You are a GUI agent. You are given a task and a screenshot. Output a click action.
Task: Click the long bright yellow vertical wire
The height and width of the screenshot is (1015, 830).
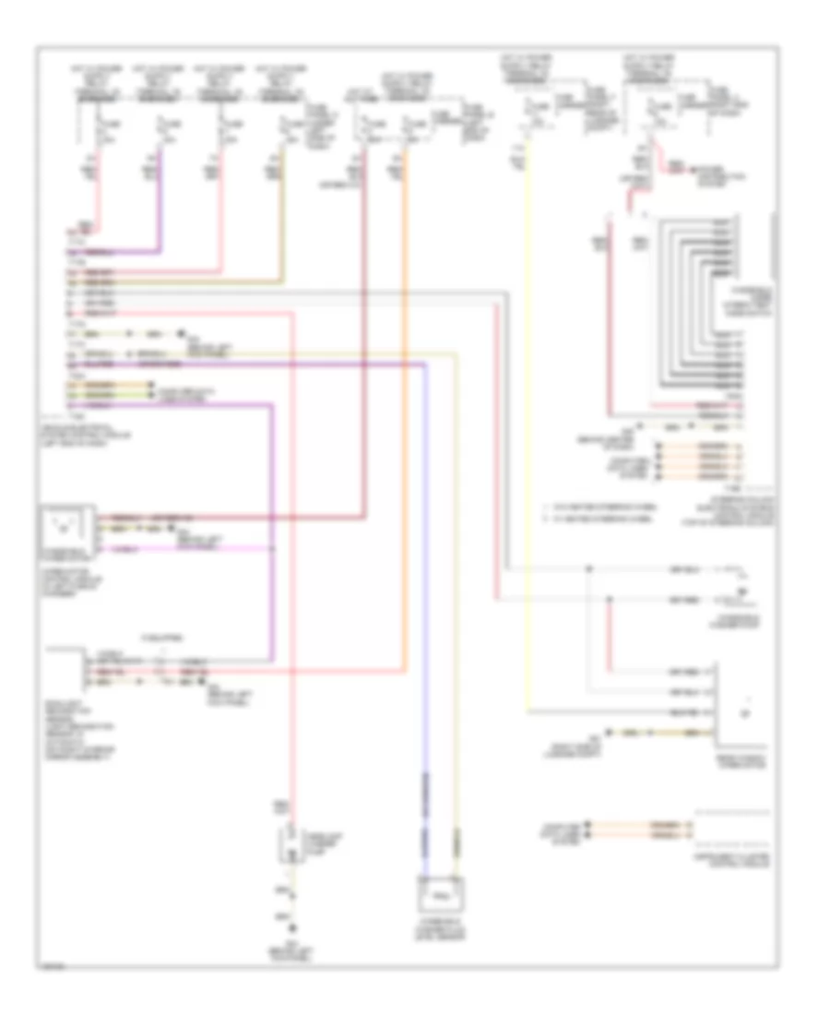pos(528,461)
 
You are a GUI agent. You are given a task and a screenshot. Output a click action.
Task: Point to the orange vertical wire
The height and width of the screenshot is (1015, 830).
pos(406,461)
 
